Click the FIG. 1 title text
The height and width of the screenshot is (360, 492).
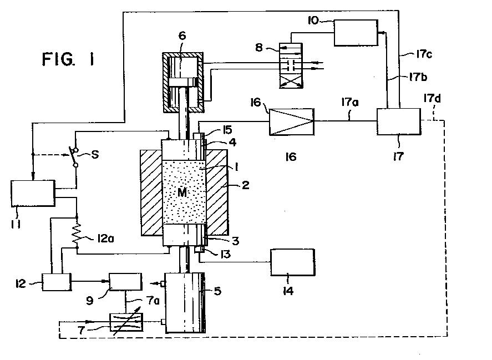tap(68, 59)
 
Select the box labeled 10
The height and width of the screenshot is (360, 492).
tap(356, 33)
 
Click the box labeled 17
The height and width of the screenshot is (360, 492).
tap(398, 121)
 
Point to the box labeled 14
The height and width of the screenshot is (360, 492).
tap(292, 262)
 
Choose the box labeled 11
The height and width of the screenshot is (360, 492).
tap(33, 194)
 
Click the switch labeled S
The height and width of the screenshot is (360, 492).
tap(72, 157)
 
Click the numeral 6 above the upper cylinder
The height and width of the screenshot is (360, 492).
tap(181, 37)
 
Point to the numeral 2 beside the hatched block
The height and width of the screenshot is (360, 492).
tap(245, 185)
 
